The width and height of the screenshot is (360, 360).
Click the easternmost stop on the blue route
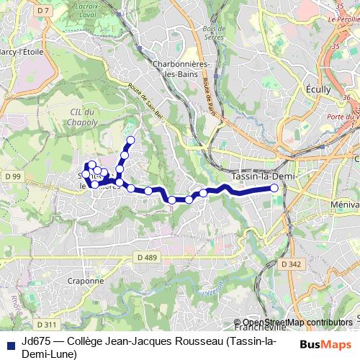274,189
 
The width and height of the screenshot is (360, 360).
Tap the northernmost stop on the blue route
130,140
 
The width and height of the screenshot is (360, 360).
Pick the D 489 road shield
147,257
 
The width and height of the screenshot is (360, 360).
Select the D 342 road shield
292,264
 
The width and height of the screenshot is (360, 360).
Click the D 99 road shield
12,176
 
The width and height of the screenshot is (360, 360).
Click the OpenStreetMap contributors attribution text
297,323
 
